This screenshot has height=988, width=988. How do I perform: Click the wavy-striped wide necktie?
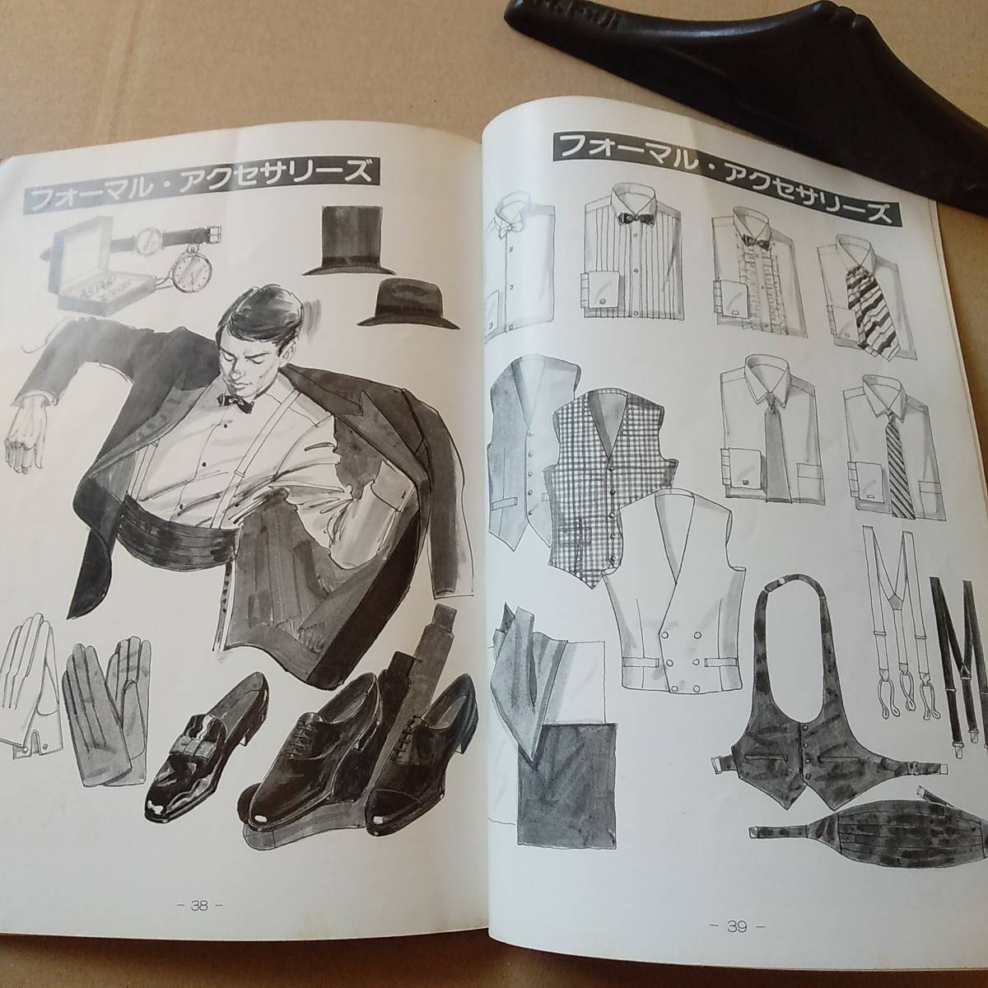click(x=869, y=305)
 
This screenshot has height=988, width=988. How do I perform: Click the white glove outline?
click(x=30, y=687)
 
